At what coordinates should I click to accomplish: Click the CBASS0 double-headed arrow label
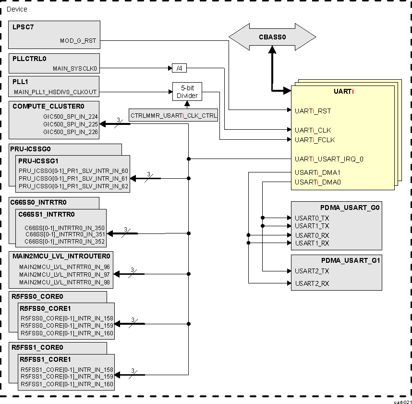[272, 37]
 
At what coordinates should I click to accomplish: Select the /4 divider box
[179, 69]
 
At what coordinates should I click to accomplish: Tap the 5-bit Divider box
[187, 92]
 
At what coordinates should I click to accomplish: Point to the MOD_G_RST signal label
[78, 41]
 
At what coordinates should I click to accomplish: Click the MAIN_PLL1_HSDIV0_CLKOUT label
[55, 92]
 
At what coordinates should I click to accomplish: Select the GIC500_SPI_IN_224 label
[70, 116]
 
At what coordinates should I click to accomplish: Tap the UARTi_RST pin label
[313, 111]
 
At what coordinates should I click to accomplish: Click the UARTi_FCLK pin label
[315, 140]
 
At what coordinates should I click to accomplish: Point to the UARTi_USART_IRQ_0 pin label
[329, 159]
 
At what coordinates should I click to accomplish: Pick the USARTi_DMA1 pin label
[317, 172]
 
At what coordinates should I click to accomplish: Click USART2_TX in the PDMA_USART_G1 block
[312, 271]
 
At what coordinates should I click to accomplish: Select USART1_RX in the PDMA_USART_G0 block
[312, 243]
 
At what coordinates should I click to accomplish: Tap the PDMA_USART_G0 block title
[350, 208]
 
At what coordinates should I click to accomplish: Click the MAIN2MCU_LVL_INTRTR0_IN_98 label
[64, 282]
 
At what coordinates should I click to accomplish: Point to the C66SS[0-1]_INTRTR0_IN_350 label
[64, 228]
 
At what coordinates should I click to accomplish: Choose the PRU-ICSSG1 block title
[38, 161]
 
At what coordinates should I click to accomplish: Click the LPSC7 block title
[23, 27]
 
